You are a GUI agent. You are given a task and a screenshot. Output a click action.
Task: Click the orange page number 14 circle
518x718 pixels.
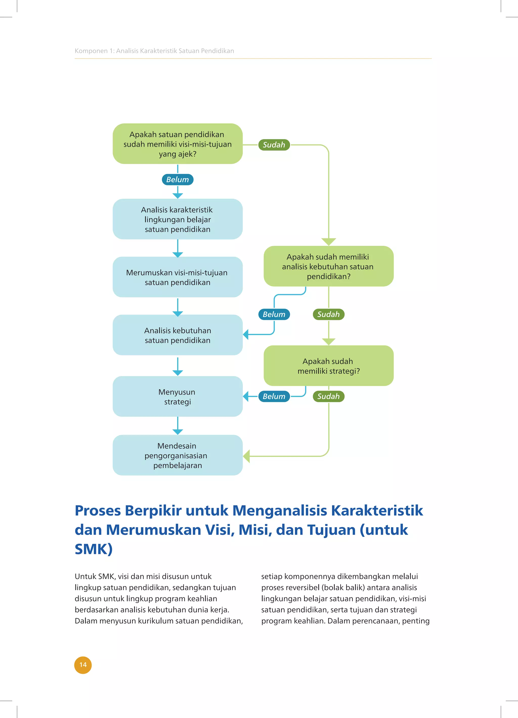coord(83,665)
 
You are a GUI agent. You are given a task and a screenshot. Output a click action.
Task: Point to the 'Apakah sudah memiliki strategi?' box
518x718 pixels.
coord(329,366)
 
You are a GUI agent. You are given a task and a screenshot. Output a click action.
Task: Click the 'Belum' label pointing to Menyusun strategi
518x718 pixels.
coord(274,396)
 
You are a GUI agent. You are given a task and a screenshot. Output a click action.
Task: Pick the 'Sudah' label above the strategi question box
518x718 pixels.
coord(329,314)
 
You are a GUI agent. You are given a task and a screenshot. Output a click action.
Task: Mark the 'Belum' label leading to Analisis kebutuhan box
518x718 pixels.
coord(274,314)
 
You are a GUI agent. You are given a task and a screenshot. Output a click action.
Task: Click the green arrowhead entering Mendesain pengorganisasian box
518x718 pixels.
coord(247,456)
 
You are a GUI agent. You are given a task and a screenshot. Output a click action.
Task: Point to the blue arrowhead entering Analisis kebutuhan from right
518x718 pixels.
coord(246,334)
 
